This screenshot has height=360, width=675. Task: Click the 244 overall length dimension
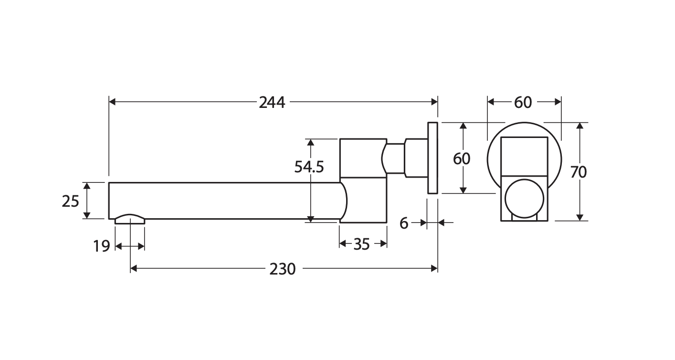[x=272, y=103]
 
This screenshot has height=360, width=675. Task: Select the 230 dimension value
[x=282, y=269]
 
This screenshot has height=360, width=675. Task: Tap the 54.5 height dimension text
[x=309, y=167]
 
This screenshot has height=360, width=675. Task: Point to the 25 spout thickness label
[x=70, y=201]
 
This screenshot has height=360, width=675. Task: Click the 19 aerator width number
[x=102, y=246]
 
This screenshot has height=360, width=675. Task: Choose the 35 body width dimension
[x=361, y=244]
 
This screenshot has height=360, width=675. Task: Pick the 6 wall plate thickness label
[x=404, y=223]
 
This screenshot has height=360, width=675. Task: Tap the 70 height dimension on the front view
[x=578, y=172]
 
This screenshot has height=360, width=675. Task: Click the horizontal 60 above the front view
[x=523, y=103]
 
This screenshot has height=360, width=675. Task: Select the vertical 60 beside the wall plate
[x=461, y=159]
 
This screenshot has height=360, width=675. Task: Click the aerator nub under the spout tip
[x=130, y=219]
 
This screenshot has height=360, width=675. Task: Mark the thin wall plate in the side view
[x=432, y=158]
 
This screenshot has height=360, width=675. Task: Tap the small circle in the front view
[x=524, y=199]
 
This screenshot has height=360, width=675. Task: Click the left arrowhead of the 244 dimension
[x=112, y=102]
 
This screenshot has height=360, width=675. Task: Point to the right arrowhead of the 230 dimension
[x=434, y=268]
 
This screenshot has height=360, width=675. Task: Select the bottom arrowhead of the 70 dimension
[x=580, y=217]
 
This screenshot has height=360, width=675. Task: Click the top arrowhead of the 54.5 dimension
[x=310, y=142]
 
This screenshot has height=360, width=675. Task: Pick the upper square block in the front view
[x=524, y=157]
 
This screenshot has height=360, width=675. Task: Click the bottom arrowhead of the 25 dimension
[x=87, y=215]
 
